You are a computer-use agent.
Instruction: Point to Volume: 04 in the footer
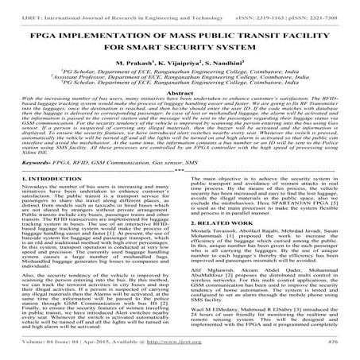pos(30,350)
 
